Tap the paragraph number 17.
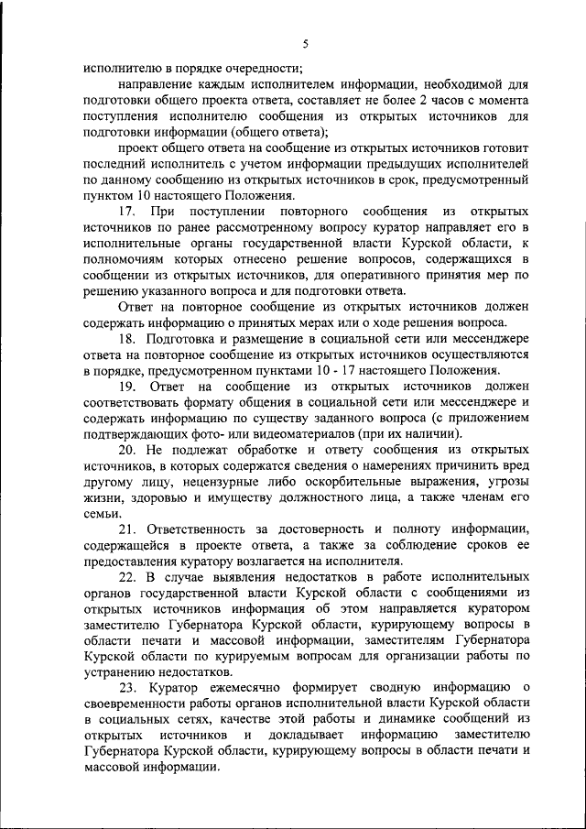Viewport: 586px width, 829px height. [x=127, y=213]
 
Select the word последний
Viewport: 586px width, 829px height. [x=116, y=165]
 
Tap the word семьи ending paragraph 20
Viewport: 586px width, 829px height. [x=100, y=513]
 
